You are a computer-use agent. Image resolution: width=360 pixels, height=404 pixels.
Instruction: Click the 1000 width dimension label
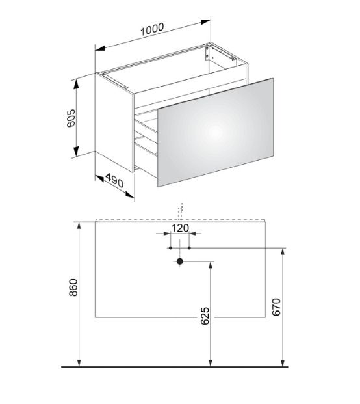152,29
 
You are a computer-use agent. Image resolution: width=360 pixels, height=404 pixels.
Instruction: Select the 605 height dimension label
71,118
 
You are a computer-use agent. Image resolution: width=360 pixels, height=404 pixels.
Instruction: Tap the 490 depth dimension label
114,180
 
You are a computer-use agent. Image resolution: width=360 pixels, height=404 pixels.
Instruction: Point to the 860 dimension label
73,288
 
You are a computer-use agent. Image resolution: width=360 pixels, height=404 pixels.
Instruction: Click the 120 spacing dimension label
180,228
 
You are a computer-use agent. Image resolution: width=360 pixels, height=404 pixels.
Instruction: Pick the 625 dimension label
205,316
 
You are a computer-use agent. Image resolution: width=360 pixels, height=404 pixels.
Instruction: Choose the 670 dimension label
276,307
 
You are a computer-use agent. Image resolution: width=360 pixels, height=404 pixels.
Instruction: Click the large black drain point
180,262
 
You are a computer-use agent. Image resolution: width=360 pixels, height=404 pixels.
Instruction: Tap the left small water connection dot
170,248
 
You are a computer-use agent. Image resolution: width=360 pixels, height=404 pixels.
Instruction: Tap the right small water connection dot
189,248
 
